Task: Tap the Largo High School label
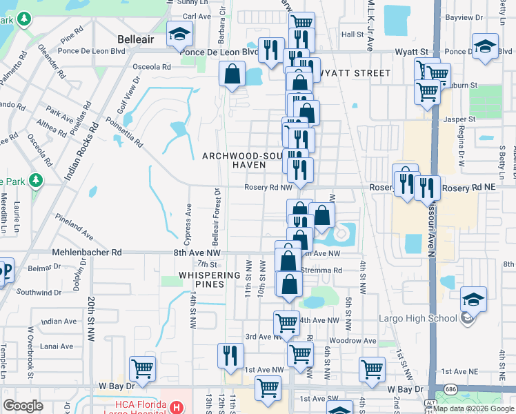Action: pos(418,318)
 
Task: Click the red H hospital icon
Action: pos(176,407)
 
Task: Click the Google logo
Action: pos(23,406)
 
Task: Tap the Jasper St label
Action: pos(462,119)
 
